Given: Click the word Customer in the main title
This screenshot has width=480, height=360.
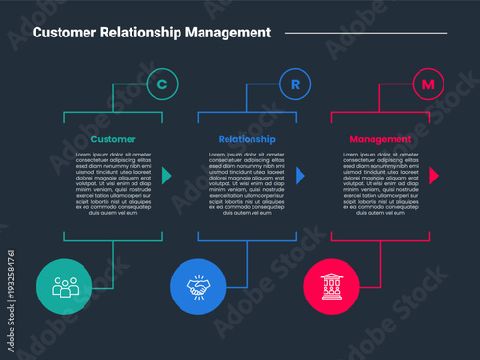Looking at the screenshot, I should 63,33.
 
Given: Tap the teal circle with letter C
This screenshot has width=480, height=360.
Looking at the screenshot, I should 161,84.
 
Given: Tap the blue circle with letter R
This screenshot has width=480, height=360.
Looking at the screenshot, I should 295,84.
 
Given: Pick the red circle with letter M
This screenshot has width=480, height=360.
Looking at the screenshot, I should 427,84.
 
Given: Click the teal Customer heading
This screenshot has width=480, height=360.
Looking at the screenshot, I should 113,139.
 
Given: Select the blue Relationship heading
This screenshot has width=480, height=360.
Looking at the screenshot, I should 247,139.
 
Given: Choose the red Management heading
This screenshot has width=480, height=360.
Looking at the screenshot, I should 380,139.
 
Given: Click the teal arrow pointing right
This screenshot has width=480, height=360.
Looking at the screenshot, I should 167,176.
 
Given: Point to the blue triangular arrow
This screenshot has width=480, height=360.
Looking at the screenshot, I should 300,176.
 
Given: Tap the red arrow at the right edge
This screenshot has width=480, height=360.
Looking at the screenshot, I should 434,176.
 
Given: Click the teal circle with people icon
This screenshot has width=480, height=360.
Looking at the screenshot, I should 64,286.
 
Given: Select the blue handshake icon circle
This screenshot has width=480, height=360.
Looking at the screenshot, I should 198,286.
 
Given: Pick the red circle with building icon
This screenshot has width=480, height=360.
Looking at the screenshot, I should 331,286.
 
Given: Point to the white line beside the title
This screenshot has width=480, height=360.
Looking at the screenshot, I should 366,33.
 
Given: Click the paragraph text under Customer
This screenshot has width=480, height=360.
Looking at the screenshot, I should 113,182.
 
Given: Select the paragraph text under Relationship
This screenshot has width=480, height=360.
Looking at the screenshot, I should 247,182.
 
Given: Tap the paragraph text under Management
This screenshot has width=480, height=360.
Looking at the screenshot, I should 380,182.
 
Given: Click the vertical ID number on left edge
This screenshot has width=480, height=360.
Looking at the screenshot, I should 12,287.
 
